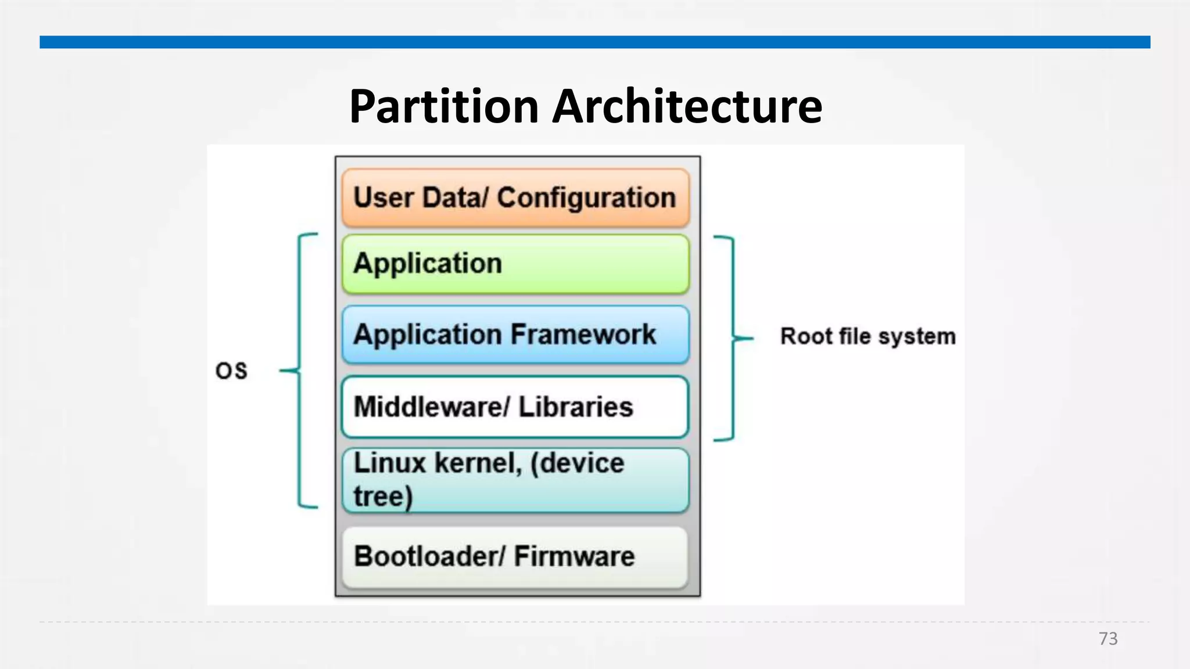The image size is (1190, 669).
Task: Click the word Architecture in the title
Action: [687, 107]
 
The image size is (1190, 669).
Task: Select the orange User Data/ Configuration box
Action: [515, 198]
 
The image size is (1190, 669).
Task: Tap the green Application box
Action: [515, 264]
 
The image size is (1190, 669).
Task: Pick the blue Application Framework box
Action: [515, 335]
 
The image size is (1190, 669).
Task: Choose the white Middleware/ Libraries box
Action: [515, 407]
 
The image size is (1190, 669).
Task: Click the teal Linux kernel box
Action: [515, 480]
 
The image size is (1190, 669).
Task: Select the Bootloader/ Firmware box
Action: [515, 556]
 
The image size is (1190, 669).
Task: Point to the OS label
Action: [231, 371]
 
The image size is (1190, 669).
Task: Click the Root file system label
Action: [868, 336]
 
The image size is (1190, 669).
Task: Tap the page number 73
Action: [1107, 638]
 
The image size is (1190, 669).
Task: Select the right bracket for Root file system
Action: [732, 338]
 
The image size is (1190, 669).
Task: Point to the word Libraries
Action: [575, 407]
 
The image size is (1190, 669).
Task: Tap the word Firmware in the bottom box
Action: [574, 556]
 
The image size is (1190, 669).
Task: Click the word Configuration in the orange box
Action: [586, 198]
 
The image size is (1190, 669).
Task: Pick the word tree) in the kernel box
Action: [383, 497]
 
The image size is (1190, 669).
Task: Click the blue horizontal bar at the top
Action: [594, 42]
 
